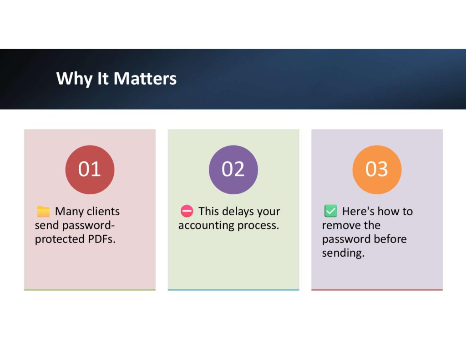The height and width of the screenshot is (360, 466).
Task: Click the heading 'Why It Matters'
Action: point(116,78)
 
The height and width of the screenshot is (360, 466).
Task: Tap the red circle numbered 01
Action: point(90,169)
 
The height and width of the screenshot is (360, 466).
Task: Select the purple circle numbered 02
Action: point(233,169)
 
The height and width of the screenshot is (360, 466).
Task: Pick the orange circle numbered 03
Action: point(377,169)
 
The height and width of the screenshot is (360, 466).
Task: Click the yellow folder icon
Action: point(43,211)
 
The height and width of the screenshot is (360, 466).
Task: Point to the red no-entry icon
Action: point(187,211)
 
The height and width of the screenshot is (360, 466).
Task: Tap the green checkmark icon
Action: point(330,211)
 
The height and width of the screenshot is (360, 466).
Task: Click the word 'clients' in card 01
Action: point(103,211)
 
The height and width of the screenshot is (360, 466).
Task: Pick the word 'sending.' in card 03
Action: point(343,253)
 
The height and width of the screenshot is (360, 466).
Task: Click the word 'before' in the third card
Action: point(390,239)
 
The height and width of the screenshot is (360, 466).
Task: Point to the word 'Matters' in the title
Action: point(145,78)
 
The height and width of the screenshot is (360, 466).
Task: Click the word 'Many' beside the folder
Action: point(69,212)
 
